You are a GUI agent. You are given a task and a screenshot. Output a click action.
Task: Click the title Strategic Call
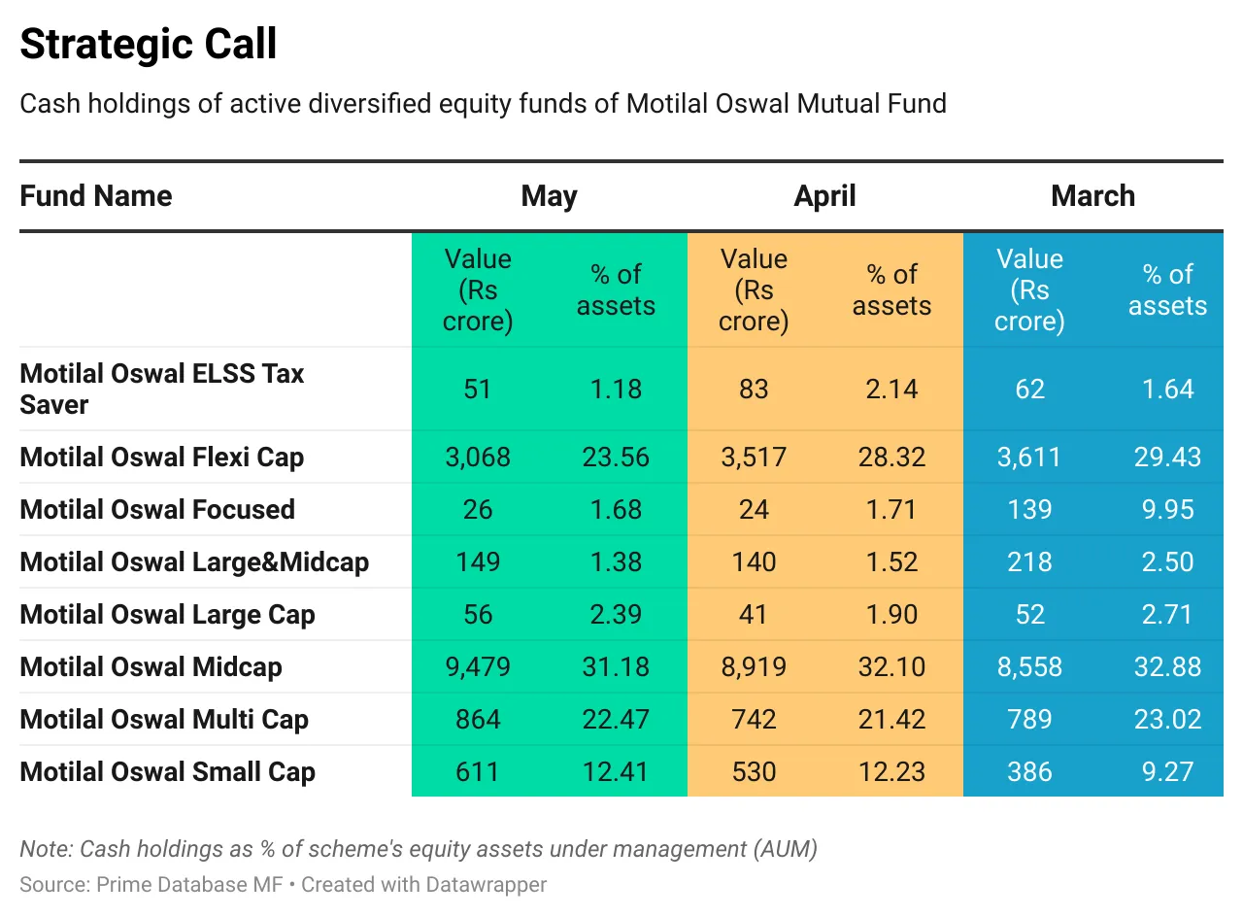point(149,45)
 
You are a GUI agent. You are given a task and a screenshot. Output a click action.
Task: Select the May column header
point(549,196)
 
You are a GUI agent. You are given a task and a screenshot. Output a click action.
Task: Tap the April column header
point(824,196)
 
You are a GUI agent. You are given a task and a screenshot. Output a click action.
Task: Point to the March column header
point(1092,196)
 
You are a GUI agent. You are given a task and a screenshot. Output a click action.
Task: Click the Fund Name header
point(96,196)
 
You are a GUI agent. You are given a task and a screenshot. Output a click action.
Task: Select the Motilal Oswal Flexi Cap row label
point(161,458)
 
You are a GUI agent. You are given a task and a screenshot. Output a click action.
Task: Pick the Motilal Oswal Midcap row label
point(151,667)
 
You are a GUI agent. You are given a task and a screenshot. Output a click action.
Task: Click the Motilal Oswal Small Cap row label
point(167,772)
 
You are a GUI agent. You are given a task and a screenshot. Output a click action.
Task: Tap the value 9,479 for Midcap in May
point(477,667)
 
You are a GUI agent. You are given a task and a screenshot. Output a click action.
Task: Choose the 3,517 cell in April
point(754,458)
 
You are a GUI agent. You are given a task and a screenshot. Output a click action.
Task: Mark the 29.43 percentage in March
point(1167,458)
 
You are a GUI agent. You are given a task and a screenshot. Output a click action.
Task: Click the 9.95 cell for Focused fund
point(1167,510)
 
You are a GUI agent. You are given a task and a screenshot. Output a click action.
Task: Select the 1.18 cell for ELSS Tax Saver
point(616,390)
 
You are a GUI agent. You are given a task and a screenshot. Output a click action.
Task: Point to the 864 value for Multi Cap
point(477,720)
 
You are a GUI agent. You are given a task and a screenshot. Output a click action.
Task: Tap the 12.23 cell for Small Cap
point(891,772)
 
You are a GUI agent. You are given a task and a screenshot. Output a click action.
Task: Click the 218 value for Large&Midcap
point(1029,562)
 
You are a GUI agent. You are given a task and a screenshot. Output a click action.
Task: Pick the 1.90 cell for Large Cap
point(891,615)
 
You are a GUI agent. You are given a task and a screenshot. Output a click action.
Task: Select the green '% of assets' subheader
point(616,290)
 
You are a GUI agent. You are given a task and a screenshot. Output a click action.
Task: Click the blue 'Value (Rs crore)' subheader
point(1029,290)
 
